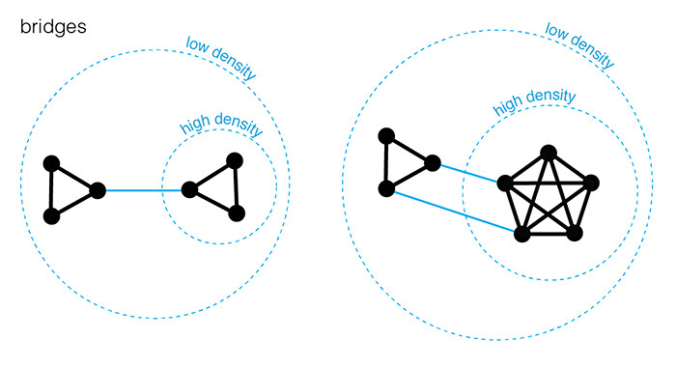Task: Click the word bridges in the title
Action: [x=53, y=28]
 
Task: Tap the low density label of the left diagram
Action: [x=221, y=58]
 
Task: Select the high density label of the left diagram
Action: [x=221, y=124]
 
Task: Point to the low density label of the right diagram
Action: [x=579, y=45]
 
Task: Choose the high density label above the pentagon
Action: [x=534, y=101]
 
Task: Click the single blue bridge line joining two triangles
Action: [x=144, y=190]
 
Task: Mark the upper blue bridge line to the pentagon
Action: [x=469, y=173]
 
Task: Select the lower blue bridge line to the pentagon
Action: [x=455, y=212]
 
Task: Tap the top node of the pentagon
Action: [x=549, y=153]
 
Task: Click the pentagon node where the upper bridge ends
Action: [x=505, y=184]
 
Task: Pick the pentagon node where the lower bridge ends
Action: [x=522, y=234]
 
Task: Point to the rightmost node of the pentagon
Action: [x=591, y=183]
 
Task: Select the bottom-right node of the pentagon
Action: [x=575, y=234]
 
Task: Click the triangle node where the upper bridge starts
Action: [x=433, y=163]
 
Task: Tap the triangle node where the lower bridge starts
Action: [x=386, y=189]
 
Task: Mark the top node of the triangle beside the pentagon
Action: [x=386, y=136]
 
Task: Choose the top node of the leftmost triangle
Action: [x=52, y=163]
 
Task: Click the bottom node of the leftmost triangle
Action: [x=52, y=216]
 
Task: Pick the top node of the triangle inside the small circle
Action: [x=235, y=161]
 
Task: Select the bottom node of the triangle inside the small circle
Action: [x=237, y=213]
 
